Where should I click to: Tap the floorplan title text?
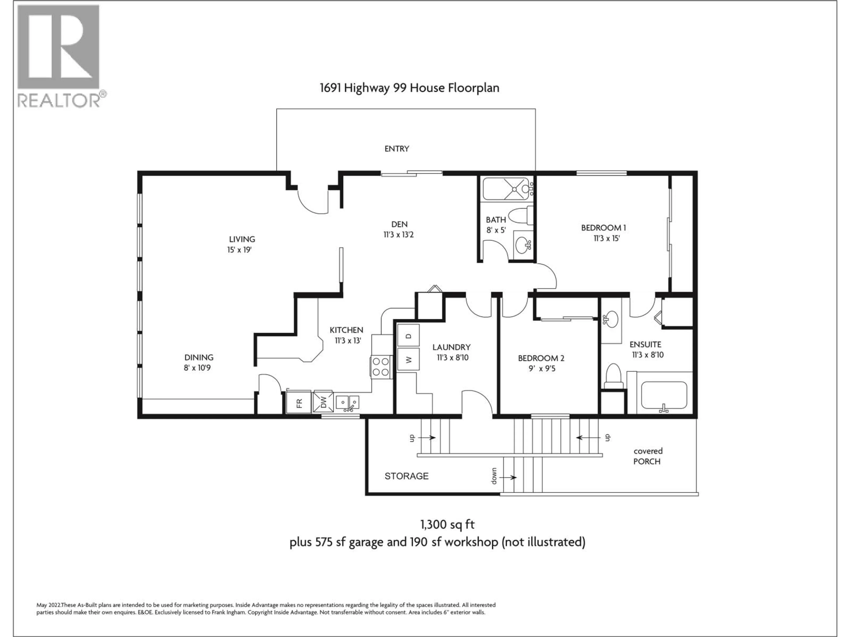click(x=409, y=88)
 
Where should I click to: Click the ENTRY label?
click(x=397, y=149)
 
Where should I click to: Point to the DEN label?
click(x=399, y=224)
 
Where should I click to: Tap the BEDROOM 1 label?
click(x=603, y=228)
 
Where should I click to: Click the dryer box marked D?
click(x=408, y=335)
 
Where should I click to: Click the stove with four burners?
click(x=381, y=367)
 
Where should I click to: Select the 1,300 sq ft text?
click(x=447, y=524)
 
